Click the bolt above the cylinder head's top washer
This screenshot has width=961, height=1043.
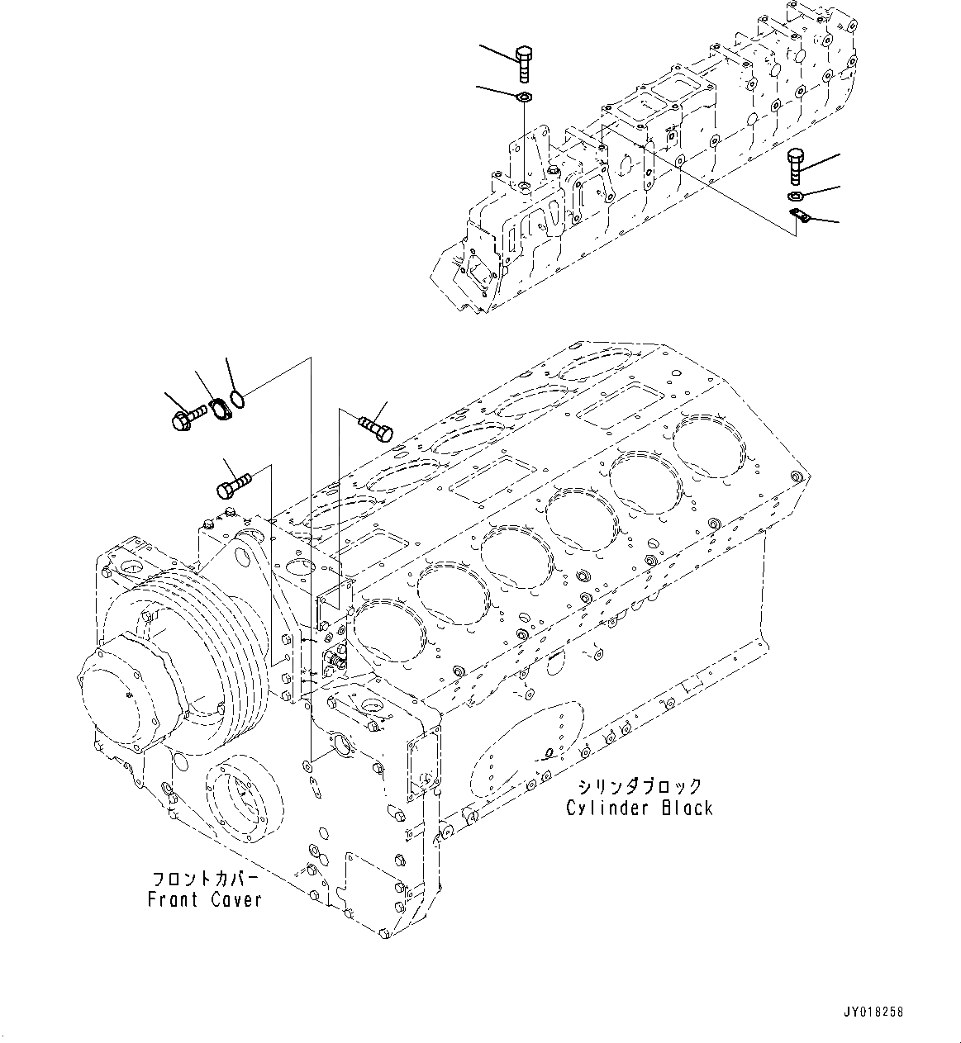pos(525,64)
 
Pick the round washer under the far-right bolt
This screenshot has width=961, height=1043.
pos(796,197)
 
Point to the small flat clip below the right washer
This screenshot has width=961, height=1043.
pos(799,216)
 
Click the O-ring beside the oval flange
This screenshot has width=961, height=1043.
pos(238,400)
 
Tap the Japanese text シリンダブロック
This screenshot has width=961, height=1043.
pos(640,786)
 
